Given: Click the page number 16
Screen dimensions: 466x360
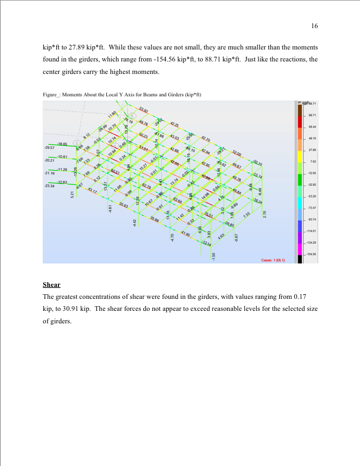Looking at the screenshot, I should (x=314, y=26).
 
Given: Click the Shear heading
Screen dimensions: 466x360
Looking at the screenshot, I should (x=51, y=285).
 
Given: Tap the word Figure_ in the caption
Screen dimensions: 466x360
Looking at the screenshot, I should (x=51, y=94).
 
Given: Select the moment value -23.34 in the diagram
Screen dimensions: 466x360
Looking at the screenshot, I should (x=50, y=186).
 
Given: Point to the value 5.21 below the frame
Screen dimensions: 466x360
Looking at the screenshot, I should (x=72, y=194).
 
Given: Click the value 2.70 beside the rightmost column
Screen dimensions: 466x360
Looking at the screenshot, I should (x=265, y=214).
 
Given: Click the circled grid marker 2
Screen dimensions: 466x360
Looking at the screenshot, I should (x=77, y=142).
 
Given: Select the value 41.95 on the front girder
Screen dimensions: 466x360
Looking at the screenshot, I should (x=185, y=233).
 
